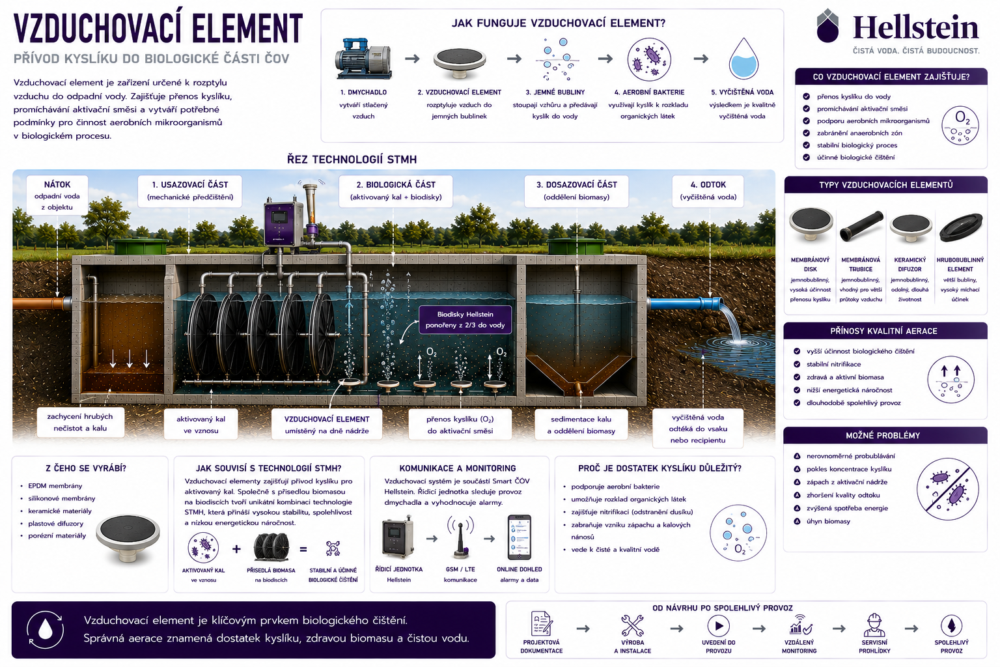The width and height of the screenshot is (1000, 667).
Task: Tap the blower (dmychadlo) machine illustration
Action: point(363,59)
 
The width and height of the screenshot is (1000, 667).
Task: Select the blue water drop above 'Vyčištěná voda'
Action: point(743,59)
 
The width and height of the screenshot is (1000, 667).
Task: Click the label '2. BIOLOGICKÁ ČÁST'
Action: point(396,184)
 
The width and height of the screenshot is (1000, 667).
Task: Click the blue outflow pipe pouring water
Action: point(686,304)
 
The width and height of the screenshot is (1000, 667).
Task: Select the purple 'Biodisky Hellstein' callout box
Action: point(465,319)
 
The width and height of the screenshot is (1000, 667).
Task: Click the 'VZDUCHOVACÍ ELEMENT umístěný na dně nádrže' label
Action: point(327,425)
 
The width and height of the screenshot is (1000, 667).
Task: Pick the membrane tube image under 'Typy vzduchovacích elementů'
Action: point(861,227)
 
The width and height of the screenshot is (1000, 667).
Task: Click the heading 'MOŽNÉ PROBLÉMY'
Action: point(883,436)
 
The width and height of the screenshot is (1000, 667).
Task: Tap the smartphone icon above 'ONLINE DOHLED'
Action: point(519,537)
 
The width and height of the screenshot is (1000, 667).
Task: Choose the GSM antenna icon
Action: point(460,537)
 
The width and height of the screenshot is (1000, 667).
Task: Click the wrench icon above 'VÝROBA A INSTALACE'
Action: point(632,625)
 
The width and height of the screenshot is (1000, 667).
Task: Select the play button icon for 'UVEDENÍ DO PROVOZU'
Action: point(719,625)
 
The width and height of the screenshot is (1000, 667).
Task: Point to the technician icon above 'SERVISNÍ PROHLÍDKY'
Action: point(874,625)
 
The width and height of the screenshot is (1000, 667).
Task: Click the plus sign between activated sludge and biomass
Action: point(236,548)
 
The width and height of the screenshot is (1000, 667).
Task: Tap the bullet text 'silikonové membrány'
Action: point(62,498)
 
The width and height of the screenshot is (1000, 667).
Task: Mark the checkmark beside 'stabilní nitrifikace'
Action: point(797,364)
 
